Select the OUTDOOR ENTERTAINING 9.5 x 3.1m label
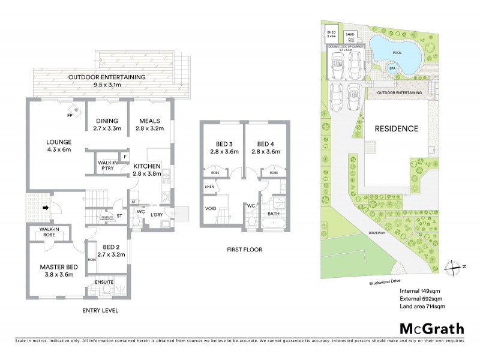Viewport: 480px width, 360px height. (107, 81)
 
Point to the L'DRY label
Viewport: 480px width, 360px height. (157, 215)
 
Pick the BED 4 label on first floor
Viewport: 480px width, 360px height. (265, 148)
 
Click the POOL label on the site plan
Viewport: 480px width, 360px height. (396, 52)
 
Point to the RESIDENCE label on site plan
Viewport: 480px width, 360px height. (396, 128)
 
